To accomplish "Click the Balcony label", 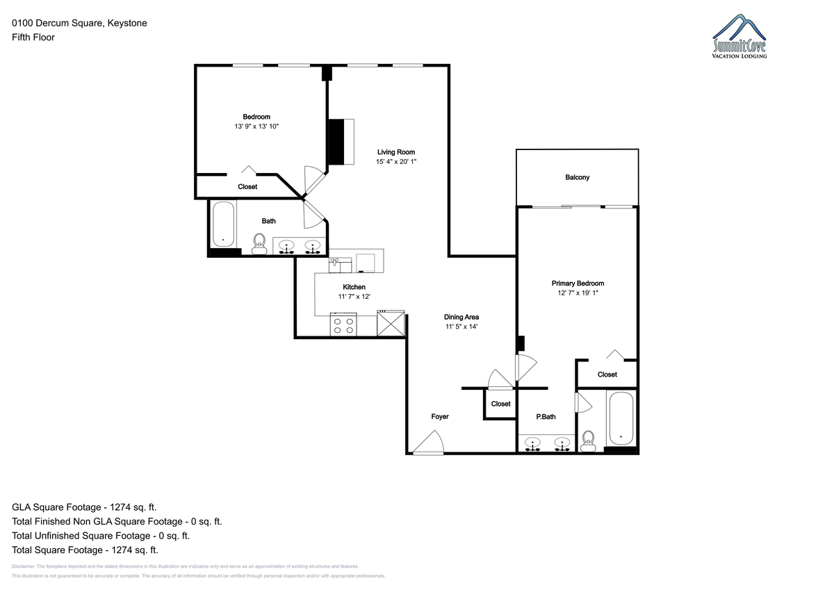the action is pos(577,177).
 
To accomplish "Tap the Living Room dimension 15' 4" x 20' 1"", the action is pos(395,161).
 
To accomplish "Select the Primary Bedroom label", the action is pos(578,284).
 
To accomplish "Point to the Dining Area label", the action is pos(461,317).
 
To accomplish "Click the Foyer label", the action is pos(440,416).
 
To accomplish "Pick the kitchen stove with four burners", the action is pos(343,325).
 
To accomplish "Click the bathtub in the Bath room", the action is pos(223,224).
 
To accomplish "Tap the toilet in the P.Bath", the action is pos(588,441).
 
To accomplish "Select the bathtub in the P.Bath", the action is pos(621,418).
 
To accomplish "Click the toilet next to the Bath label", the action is pos(259,244).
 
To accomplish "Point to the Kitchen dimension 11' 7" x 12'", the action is pos(354,297).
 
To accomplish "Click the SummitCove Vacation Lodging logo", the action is pos(739,36).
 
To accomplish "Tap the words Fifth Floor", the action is pos(33,38).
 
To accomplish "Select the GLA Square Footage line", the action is pos(84,507).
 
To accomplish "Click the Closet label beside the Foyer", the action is pos(500,404).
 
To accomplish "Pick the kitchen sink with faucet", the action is pos(340,265).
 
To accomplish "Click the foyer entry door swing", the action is pos(429,443).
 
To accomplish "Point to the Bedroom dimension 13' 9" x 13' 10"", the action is pos(256,126).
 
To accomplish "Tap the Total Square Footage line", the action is pos(85,550).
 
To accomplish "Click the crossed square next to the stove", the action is pos(391,323).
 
